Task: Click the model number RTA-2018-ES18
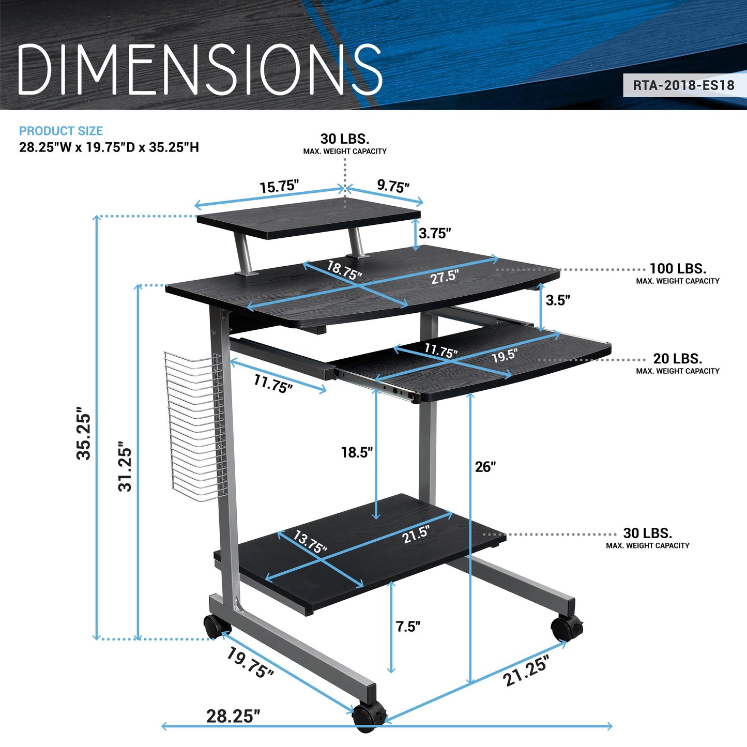click(x=683, y=85)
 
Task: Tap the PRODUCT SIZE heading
click(x=61, y=131)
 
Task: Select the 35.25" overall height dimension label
click(x=84, y=436)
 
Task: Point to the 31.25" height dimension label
click(x=126, y=466)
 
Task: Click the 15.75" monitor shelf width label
click(x=279, y=186)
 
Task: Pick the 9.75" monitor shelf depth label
click(x=393, y=186)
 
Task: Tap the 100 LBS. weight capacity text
click(x=677, y=269)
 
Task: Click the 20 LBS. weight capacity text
click(x=677, y=359)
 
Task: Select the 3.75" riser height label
click(x=435, y=234)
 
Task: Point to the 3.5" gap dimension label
click(x=558, y=300)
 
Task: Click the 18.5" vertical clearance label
click(x=357, y=453)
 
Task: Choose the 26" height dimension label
click(x=485, y=467)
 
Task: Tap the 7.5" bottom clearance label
click(x=408, y=627)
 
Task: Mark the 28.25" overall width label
click(x=233, y=716)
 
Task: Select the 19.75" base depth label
click(x=250, y=663)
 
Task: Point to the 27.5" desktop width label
click(x=445, y=277)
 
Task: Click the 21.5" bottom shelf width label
click(x=416, y=534)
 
